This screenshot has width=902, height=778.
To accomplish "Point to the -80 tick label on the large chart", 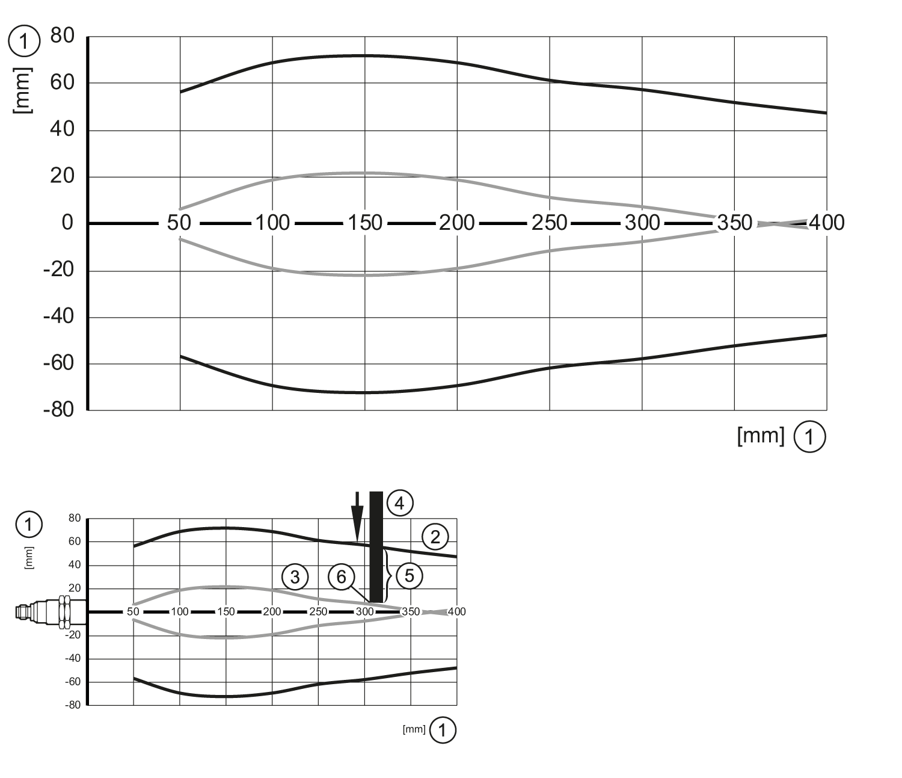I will point(58,410).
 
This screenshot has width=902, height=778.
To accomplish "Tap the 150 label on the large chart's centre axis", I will point(365,223).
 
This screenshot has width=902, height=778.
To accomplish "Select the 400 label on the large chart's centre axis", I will point(826,223).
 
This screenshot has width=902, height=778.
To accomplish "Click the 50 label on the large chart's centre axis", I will point(179,223).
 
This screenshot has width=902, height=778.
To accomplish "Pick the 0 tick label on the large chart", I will point(67,223).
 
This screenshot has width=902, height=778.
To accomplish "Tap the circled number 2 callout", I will point(435,536).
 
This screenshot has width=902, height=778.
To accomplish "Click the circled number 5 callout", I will point(410,576).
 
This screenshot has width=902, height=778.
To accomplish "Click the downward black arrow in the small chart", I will point(358,516).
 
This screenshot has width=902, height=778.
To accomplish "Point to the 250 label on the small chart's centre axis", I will point(318,612).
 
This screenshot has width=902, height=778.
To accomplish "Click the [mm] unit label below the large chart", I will point(761,436).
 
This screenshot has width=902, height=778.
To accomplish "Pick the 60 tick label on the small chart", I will point(75,542).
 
